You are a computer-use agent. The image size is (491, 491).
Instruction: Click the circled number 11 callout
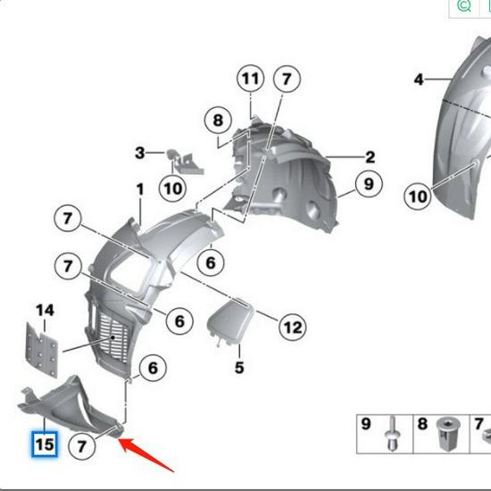[251, 79]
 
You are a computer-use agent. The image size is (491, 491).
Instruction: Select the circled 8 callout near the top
[217, 121]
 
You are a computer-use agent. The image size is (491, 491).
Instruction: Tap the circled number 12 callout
[292, 328]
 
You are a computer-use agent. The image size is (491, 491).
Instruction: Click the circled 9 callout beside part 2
[367, 184]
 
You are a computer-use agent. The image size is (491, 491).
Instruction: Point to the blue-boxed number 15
[45, 443]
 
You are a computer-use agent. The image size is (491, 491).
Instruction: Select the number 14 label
[45, 311]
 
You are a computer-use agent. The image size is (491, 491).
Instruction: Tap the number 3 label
[139, 154]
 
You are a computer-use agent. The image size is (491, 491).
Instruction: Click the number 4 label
[419, 80]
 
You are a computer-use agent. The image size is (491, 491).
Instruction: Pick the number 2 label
[369, 157]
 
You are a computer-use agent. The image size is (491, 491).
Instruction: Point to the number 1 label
[140, 189]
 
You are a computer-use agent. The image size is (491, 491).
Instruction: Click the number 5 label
[239, 367]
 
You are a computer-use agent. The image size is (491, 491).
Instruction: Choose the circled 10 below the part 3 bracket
[173, 188]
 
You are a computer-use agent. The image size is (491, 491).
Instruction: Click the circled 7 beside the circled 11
[286, 79]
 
